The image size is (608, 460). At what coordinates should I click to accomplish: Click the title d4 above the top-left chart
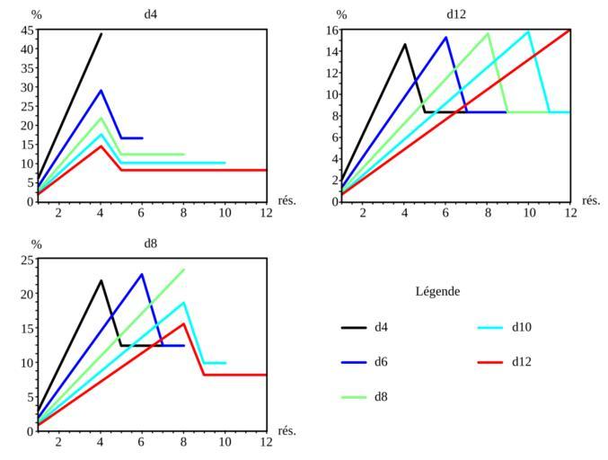[x=151, y=14]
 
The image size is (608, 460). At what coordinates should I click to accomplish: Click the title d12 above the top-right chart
[x=456, y=14]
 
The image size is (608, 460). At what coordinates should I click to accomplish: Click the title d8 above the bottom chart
[x=151, y=243]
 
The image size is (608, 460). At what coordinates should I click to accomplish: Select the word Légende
[x=438, y=292]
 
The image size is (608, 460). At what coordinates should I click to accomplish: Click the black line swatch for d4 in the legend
[x=354, y=328]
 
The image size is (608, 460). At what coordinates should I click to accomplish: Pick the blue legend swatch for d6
[x=354, y=362]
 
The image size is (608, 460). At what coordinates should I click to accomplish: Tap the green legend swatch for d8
[x=354, y=396]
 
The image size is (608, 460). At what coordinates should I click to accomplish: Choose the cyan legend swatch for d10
[x=491, y=328]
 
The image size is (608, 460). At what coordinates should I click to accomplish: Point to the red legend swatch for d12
[x=491, y=362]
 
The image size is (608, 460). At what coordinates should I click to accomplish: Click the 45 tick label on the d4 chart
[x=26, y=30]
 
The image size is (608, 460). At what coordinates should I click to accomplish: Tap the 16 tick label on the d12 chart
[x=331, y=30]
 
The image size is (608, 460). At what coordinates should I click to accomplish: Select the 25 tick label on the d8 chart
[x=26, y=261]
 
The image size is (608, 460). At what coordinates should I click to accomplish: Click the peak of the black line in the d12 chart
[x=404, y=44]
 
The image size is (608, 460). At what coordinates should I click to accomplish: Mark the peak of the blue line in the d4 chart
[x=101, y=90]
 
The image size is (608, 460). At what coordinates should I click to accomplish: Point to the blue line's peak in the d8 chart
[x=142, y=274]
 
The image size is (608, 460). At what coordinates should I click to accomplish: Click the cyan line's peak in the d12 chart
[x=529, y=31]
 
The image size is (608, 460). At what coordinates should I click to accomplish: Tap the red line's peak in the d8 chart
[x=183, y=323]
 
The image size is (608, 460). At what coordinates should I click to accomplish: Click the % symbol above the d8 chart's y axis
[x=37, y=243]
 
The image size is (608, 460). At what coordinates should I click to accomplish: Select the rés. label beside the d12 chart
[x=591, y=200]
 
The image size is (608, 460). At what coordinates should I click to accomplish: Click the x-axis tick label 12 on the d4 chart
[x=266, y=213]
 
